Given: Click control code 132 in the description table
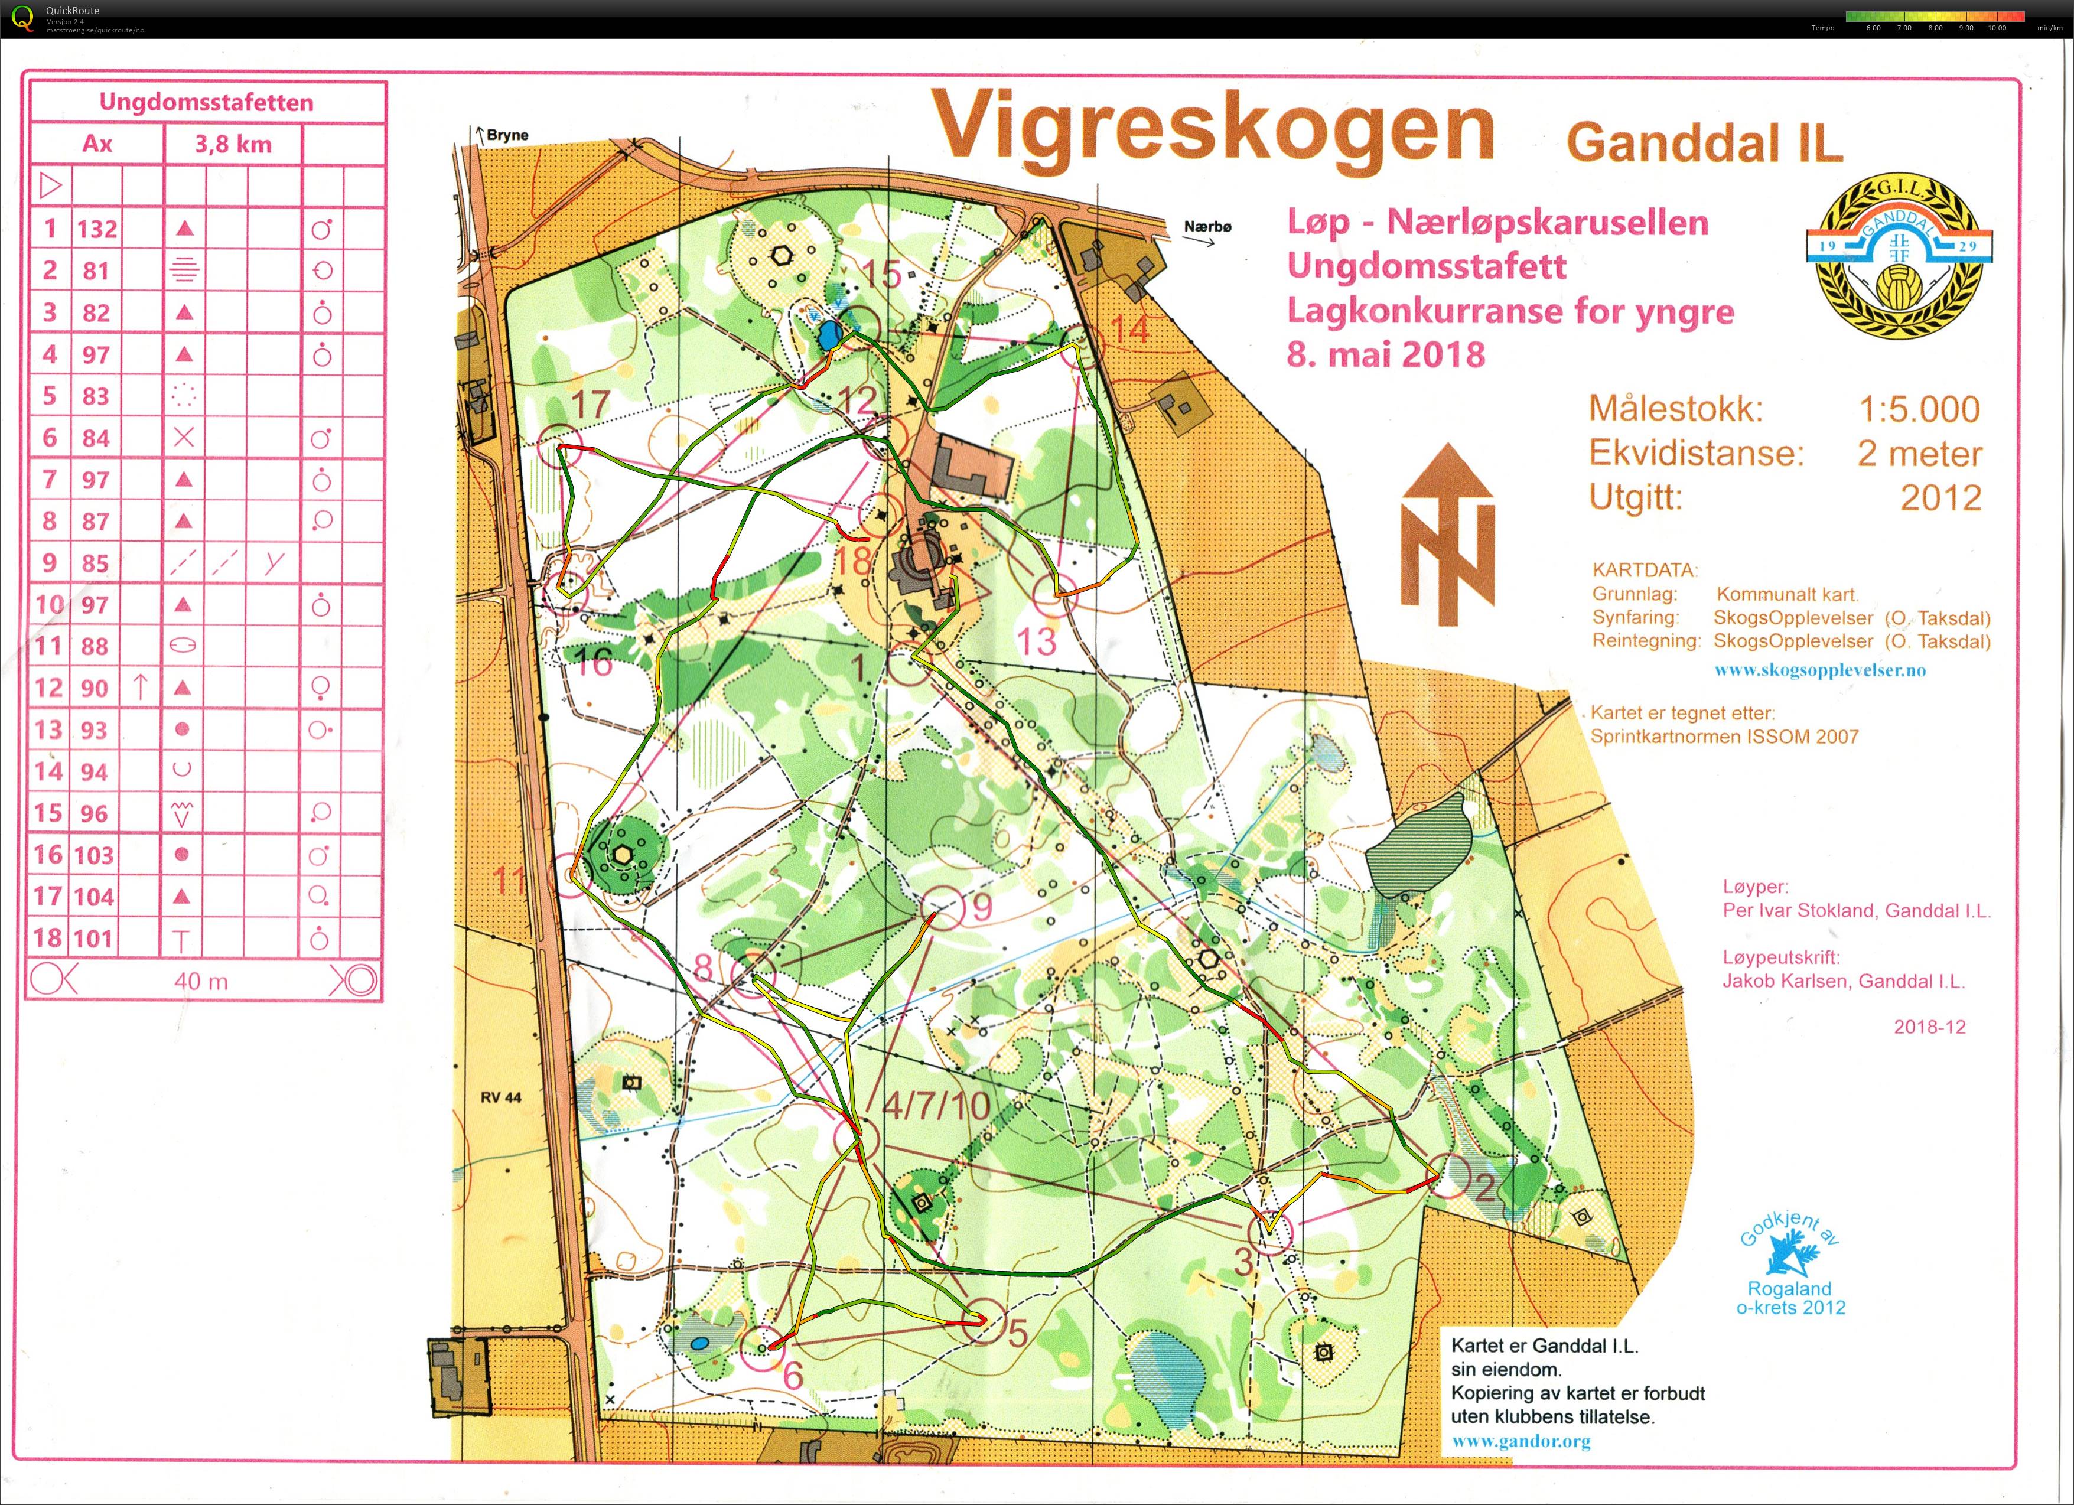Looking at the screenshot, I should point(96,229).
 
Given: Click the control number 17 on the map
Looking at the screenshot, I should point(590,404).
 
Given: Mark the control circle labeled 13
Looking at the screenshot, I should point(1056,594).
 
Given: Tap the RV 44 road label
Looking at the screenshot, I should point(501,1097).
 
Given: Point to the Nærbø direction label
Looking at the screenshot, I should point(1207,227).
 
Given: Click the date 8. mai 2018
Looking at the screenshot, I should point(1385,355).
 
